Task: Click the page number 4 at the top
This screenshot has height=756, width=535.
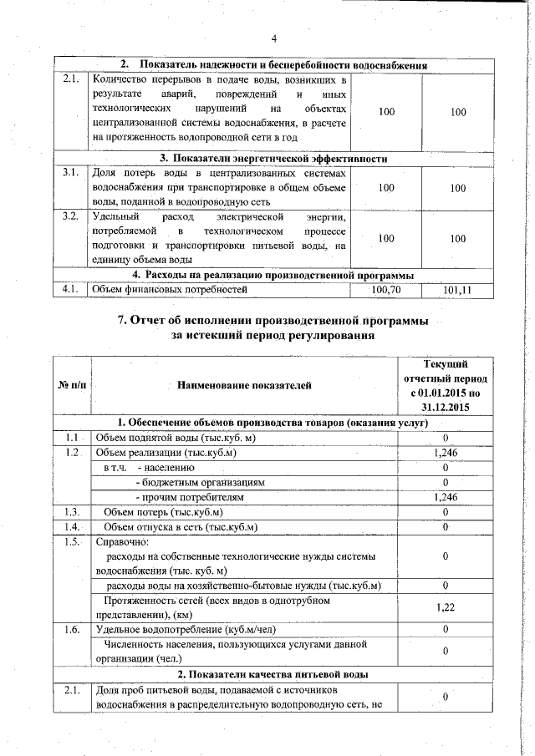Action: pos(273,38)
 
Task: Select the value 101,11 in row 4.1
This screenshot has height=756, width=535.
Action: pos(457,290)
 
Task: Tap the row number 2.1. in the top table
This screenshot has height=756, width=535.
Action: pos(71,80)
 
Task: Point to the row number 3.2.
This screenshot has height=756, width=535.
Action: pos(71,217)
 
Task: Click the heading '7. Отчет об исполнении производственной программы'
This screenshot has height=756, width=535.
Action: pos(273,321)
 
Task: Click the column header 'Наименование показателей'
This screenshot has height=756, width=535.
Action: pos(243,385)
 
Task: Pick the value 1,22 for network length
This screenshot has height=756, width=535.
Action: pos(446,607)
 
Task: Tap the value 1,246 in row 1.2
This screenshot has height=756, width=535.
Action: pos(446,453)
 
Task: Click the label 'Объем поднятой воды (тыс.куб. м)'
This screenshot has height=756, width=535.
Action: pos(176,438)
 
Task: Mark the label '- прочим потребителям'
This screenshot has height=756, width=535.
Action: pos(194,498)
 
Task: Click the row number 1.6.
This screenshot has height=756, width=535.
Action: pos(71,628)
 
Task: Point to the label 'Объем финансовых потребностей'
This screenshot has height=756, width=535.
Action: pos(171,290)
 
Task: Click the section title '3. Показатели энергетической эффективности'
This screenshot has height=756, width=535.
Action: pos(273,158)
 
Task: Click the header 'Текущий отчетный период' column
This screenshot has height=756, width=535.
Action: pos(446,385)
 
